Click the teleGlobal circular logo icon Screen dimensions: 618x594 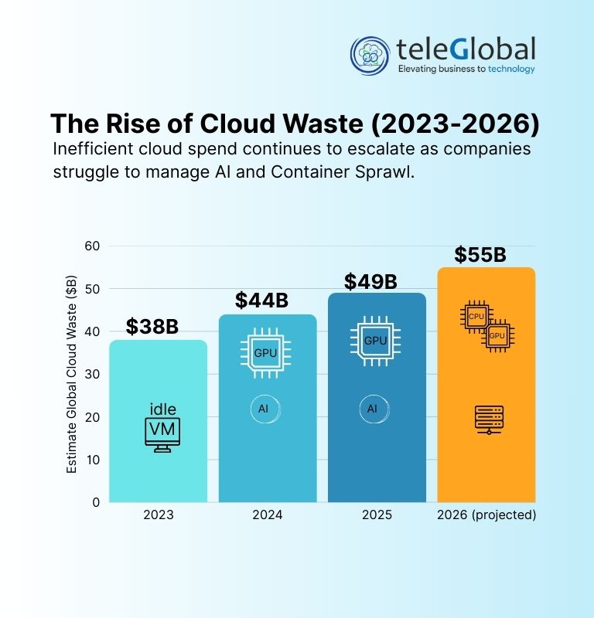point(370,55)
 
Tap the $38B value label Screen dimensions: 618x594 point(153,327)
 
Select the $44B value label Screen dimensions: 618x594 point(262,301)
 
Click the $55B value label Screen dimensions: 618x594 point(480,254)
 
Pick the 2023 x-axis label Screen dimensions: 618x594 point(158,514)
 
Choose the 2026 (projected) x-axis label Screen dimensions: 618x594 point(486,514)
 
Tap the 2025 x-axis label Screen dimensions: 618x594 point(377,514)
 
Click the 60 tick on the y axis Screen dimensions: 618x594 point(93,246)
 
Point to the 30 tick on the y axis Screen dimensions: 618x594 point(93,374)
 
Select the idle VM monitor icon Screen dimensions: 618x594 point(162,434)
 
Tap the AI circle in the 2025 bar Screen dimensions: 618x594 point(372,409)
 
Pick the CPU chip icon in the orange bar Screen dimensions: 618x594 point(476,317)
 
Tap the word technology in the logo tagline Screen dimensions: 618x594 point(506,70)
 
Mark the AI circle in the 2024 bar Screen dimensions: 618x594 point(263,409)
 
